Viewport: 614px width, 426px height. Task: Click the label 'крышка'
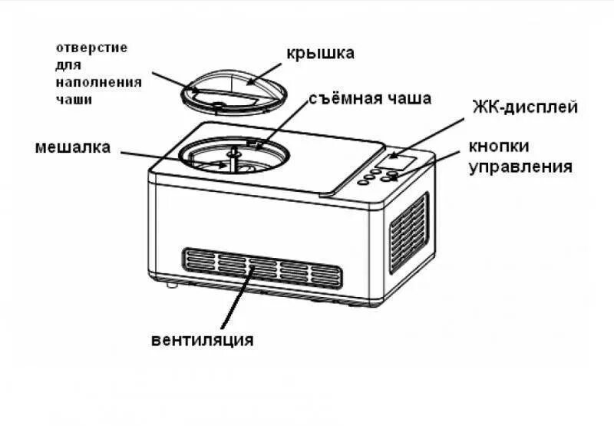320,53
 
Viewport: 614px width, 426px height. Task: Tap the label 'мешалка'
72,147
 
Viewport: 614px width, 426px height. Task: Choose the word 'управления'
521,166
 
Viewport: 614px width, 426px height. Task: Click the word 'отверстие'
93,48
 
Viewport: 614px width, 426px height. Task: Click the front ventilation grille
261,266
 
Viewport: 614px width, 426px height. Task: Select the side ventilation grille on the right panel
408,231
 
